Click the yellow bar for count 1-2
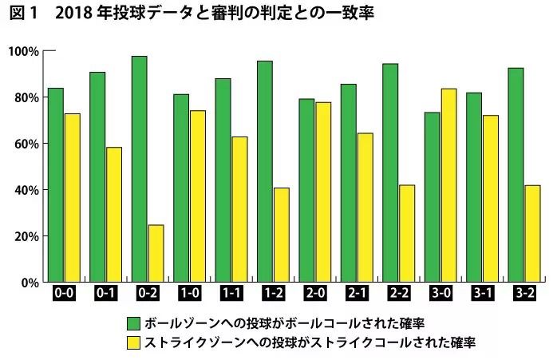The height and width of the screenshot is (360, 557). [281, 235]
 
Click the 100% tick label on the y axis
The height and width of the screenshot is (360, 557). [23, 52]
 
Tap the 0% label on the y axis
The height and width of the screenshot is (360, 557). [29, 283]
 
